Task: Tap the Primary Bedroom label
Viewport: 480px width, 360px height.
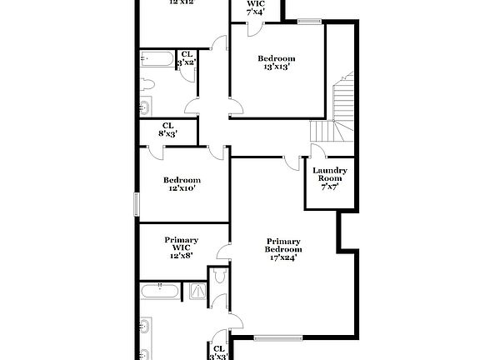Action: coord(283,246)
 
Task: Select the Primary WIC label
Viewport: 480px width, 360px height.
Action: coord(181,243)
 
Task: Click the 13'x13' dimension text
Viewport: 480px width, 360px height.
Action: coord(277,67)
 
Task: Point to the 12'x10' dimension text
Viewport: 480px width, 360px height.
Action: coord(181,188)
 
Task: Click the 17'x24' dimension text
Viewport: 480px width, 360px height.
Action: coord(283,258)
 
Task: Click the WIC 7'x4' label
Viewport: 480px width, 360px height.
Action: coord(256,7)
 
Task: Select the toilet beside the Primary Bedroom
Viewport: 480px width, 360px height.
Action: coord(220,278)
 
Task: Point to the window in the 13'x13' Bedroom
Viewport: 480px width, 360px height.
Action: coord(309,20)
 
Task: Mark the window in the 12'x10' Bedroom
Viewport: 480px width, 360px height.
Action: coord(137,204)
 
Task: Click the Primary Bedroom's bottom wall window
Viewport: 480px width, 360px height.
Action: coord(277,337)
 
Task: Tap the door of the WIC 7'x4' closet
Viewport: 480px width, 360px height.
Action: coord(255,28)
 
